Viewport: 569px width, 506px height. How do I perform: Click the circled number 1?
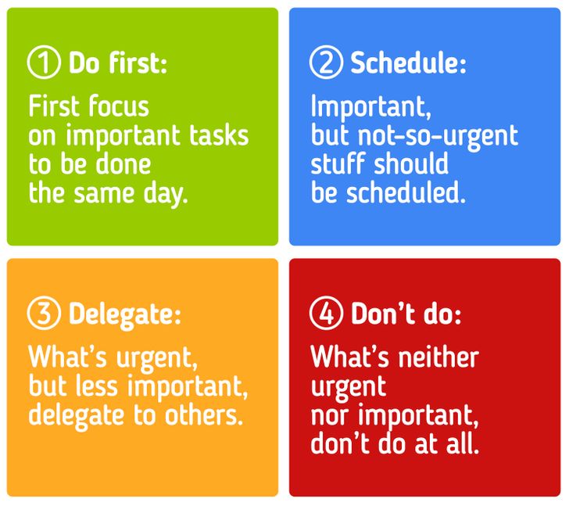[44, 63]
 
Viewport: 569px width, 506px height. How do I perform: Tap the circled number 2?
[326, 63]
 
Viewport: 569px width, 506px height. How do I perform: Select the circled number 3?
[44, 313]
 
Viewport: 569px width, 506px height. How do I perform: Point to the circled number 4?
[326, 313]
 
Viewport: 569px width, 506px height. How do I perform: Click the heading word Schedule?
[408, 63]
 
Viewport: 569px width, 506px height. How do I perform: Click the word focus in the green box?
[119, 106]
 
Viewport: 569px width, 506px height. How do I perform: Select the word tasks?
[219, 135]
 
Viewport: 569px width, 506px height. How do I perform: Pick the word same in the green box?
[104, 193]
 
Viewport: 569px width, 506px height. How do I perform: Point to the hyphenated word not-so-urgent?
[438, 137]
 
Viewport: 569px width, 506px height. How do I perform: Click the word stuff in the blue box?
[338, 163]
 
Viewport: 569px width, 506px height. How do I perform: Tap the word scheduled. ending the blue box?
[406, 192]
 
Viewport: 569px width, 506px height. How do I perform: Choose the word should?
[411, 163]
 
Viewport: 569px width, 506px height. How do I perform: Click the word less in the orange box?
[97, 386]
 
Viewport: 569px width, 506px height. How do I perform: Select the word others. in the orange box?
[203, 414]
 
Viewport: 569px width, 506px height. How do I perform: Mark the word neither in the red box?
[438, 357]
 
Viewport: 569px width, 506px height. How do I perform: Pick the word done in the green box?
[123, 164]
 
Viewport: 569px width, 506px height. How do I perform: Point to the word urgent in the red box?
[349, 388]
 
